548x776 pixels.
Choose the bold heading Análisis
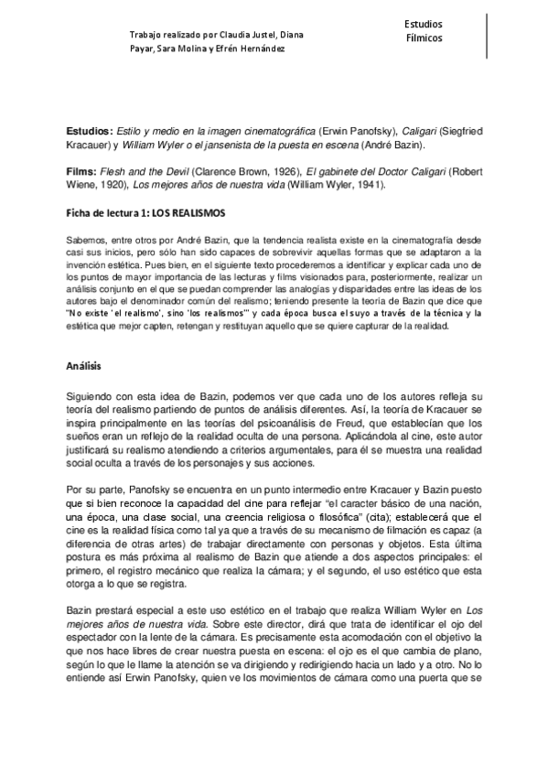click(88, 363)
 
